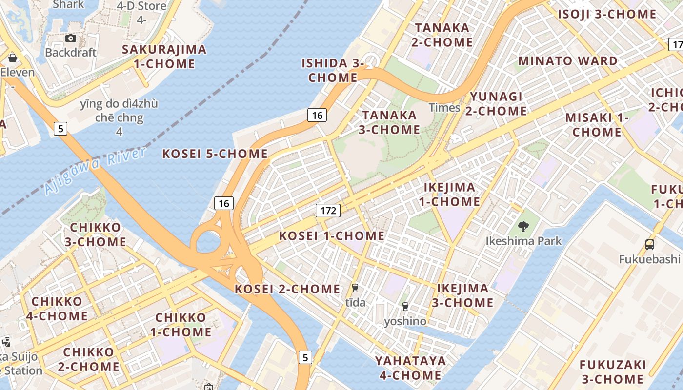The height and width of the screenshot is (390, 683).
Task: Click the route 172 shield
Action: coord(328,211)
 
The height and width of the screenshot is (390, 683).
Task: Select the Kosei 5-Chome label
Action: coord(215,154)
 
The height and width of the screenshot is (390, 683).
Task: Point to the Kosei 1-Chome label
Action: coord(332,236)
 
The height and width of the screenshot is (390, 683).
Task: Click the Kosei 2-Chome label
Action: coord(288,289)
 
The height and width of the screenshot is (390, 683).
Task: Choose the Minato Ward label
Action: coord(568,61)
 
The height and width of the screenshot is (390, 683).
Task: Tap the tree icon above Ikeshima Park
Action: coord(523,226)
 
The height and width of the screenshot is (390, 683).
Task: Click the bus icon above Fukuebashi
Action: coord(649,245)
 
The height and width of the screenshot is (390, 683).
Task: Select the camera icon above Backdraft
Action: coord(71,38)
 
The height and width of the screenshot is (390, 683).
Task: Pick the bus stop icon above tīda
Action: coord(355,288)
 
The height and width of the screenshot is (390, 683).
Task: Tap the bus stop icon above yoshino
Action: coord(405,307)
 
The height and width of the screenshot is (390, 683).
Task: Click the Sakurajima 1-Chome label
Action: coord(164,57)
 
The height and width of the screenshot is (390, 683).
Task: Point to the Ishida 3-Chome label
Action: coord(333,70)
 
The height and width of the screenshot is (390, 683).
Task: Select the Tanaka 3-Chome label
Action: coord(389,122)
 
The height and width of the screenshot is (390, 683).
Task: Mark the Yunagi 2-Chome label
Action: coord(496,104)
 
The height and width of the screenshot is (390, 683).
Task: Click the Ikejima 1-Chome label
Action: coord(449,195)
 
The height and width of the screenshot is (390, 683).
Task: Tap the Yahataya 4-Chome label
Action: coord(410,368)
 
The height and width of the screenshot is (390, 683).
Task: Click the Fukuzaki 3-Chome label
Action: coord(613,372)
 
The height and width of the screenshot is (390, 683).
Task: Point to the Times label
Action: coord(444,108)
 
